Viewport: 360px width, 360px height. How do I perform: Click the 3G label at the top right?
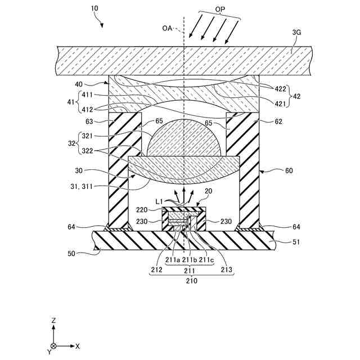coord(297,33)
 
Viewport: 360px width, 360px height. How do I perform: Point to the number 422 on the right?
coord(280,88)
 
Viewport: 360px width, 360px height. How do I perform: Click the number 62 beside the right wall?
coord(263,121)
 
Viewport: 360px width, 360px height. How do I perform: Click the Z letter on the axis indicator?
coord(53,320)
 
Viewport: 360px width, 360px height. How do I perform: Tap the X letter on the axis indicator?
coord(78,345)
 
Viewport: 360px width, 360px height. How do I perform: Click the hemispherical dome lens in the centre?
coord(184,138)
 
